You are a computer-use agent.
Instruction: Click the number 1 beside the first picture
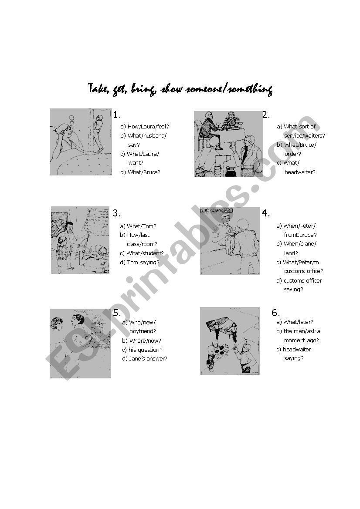117,115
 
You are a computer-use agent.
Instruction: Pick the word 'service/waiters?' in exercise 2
305,136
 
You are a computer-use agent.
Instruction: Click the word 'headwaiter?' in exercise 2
300,172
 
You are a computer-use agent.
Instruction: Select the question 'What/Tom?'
141,226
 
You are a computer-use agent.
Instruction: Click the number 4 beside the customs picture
265,213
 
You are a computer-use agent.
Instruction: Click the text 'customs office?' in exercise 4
303,271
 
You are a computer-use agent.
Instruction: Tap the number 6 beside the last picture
275,313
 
